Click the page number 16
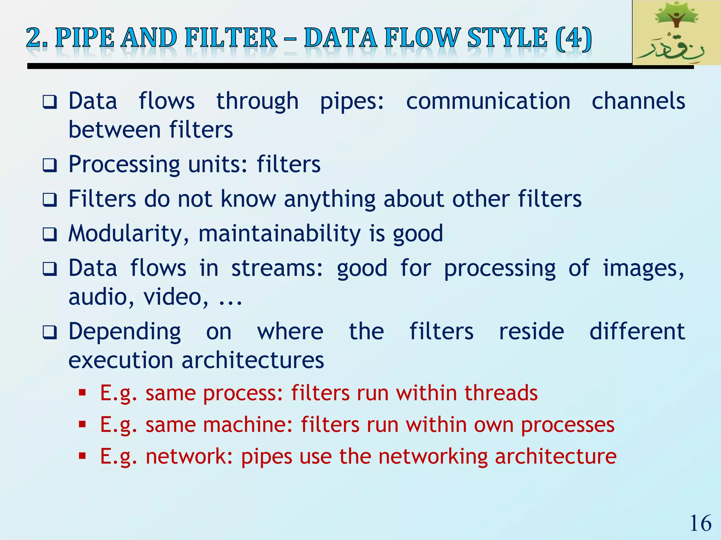(x=701, y=523)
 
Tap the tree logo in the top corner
(x=676, y=32)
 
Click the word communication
(x=488, y=101)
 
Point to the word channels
(x=638, y=101)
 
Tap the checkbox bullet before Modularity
(x=50, y=234)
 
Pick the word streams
(x=277, y=268)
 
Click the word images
(x=644, y=268)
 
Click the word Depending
(x=125, y=332)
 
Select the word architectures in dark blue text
(x=252, y=360)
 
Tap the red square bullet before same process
(x=82, y=392)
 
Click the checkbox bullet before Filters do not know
(x=50, y=200)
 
